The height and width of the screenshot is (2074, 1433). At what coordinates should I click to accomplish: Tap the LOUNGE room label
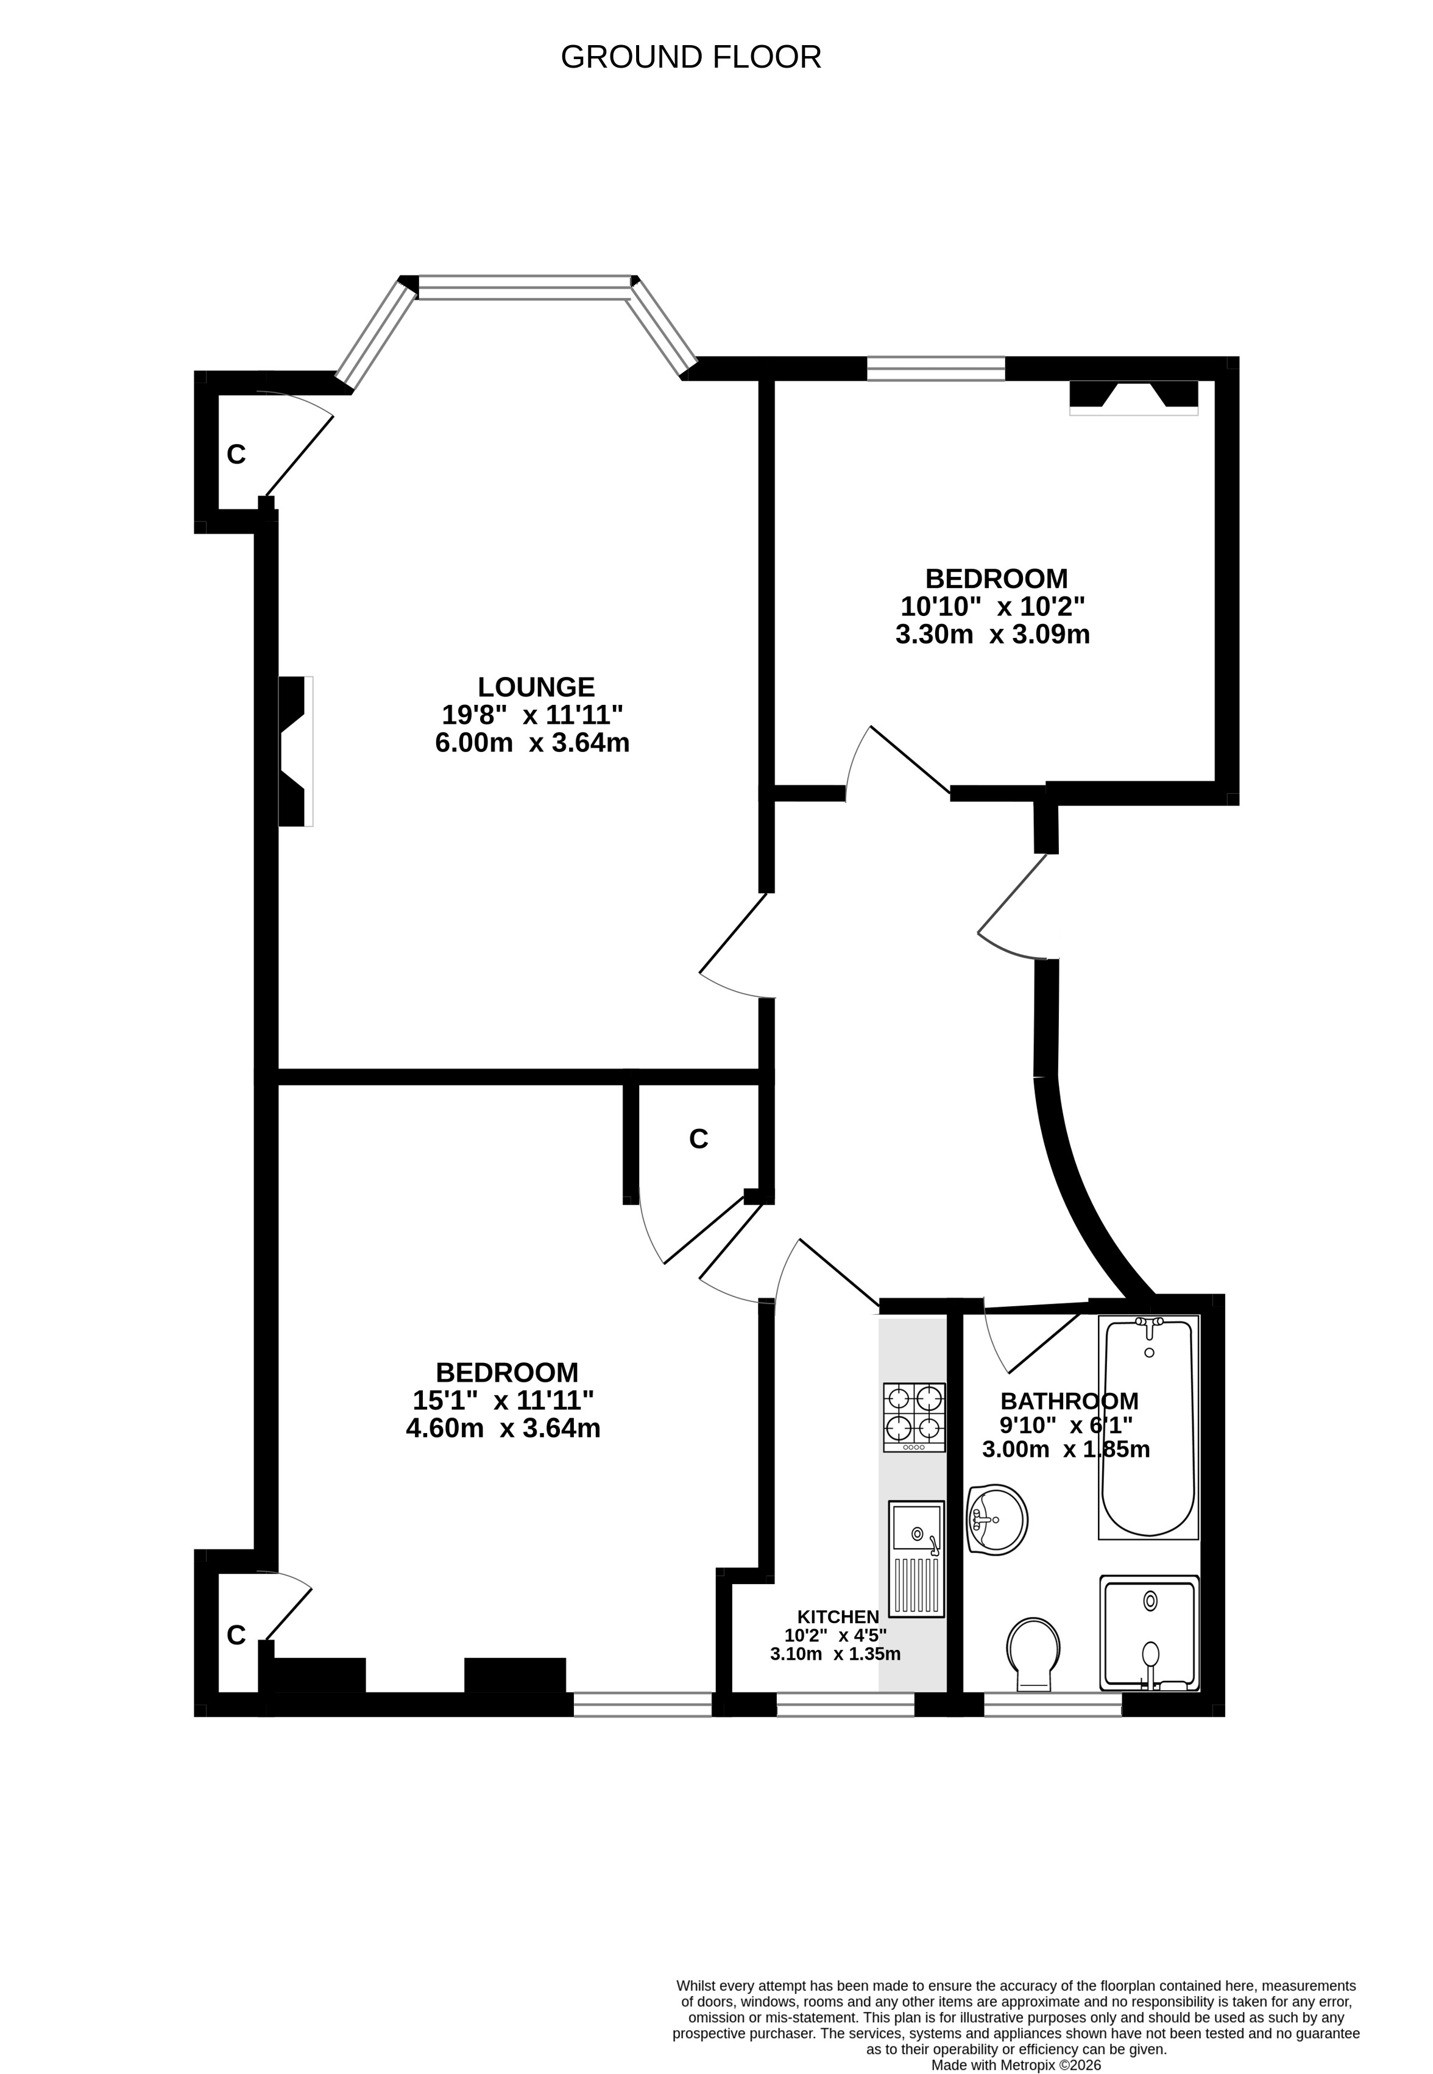(536, 687)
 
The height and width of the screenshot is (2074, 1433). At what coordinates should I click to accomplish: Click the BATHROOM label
(1069, 1401)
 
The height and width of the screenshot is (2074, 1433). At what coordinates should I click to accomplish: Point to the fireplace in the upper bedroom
(1133, 398)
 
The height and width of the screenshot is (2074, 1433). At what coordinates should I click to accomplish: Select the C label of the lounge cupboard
(236, 455)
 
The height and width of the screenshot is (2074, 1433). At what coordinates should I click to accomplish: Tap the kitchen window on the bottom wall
(845, 1703)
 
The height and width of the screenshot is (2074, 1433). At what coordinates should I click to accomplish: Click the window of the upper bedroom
(936, 368)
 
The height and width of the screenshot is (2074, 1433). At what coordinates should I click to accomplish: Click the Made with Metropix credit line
(1016, 2040)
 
